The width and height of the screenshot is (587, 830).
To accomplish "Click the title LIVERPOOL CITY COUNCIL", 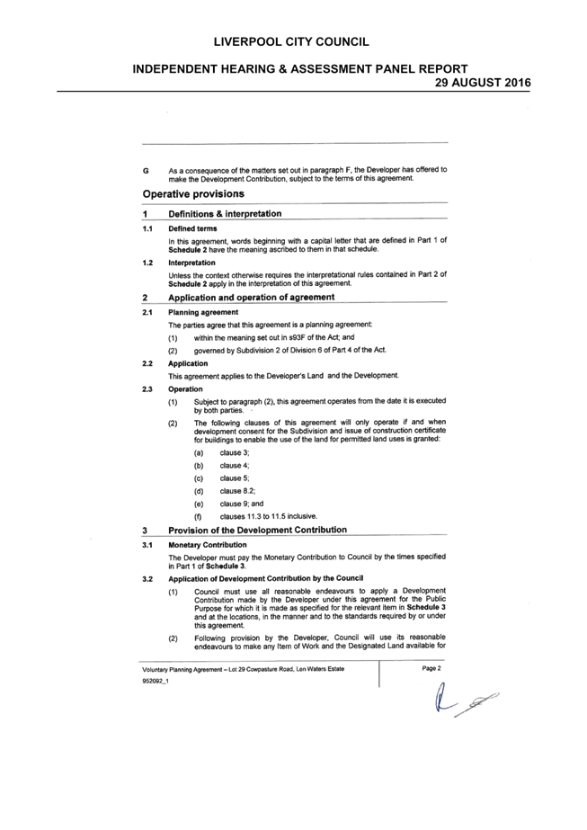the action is tap(291, 42).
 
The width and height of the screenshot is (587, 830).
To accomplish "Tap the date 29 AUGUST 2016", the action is tap(483, 83).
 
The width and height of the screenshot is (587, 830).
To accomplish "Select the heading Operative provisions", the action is tap(193, 193).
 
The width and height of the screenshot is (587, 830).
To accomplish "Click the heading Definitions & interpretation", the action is tap(225, 214).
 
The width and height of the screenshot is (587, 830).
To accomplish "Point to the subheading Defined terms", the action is tap(192, 228).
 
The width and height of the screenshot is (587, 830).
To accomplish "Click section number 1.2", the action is tap(147, 263).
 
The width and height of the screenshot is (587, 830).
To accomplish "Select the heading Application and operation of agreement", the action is tap(252, 298).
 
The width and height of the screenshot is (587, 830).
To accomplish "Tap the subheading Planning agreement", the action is tap(203, 312).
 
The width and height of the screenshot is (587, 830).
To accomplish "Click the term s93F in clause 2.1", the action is tap(298, 337).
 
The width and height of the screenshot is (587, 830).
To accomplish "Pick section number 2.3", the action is tap(147, 389).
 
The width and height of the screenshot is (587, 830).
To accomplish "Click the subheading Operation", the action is tap(185, 389).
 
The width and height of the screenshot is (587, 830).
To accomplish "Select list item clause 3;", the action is tap(235, 452).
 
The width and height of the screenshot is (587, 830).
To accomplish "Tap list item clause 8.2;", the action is tap(237, 491).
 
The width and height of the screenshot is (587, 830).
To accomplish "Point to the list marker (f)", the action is tap(199, 517).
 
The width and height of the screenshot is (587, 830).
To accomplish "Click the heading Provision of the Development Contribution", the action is tap(258, 530).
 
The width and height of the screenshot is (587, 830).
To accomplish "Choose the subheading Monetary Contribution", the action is tap(208, 545).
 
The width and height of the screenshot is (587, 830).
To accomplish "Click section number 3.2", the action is tap(147, 579).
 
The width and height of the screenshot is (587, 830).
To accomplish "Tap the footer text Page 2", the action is tap(431, 668).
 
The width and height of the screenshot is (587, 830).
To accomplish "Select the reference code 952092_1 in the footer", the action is tap(156, 682).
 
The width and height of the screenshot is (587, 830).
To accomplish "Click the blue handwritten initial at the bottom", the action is tap(440, 698).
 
